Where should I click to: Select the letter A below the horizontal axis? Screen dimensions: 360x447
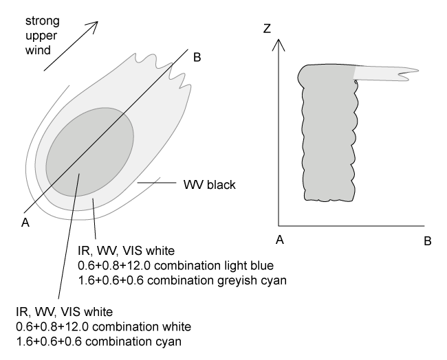(279, 240)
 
